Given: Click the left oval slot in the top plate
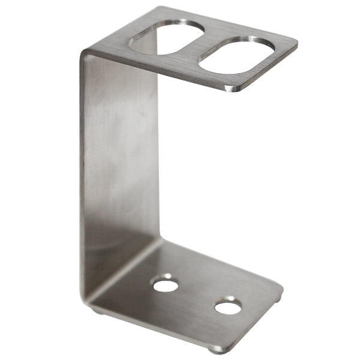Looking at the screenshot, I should (x=166, y=37).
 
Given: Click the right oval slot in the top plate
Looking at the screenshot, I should (x=238, y=55).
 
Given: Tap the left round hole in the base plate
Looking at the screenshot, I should (x=165, y=284).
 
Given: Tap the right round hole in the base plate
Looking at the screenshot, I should (x=228, y=307).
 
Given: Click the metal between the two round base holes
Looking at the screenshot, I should (x=197, y=296).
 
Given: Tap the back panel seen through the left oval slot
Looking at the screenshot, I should (x=150, y=42).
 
